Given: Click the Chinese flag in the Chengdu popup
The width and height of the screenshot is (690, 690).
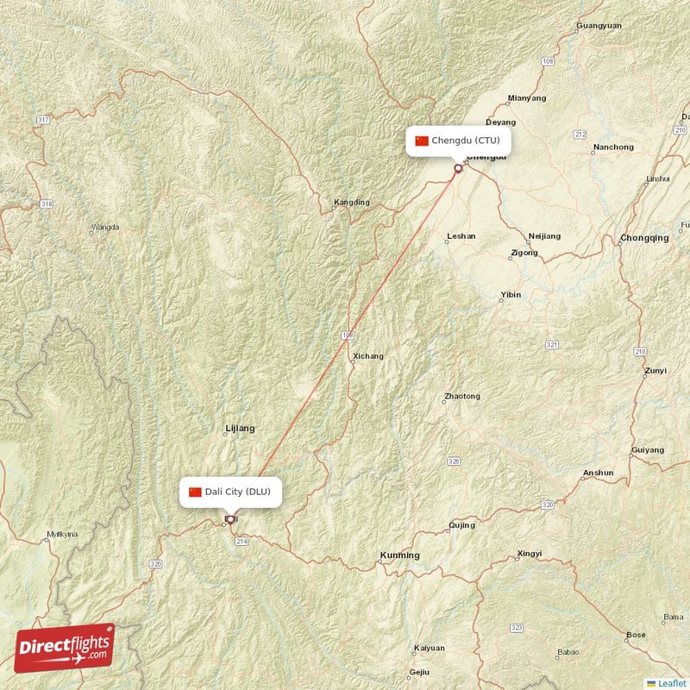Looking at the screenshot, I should coord(422,141).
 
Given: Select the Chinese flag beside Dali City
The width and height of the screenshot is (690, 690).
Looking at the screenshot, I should coord(195,492).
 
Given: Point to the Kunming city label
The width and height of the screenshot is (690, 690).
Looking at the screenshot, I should coord(400,555).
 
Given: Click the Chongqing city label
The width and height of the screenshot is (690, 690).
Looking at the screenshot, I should coord(643,238).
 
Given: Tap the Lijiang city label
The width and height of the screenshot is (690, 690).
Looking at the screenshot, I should coord(240,428).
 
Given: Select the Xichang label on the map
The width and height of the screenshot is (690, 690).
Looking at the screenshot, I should coord(368,356).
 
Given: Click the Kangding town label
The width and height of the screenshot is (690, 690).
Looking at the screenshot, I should coord(351,203).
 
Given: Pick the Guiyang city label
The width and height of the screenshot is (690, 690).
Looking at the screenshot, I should coord(648,450).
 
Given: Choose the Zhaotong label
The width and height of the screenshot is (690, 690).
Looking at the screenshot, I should coord(461,397).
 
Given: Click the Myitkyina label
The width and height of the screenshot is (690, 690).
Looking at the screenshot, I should coord(60,535).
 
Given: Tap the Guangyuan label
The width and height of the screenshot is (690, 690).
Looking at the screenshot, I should coord(599,26).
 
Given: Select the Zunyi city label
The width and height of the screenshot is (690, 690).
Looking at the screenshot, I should coord(655,372).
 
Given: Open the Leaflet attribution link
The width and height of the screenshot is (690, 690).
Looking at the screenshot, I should coord(670,682).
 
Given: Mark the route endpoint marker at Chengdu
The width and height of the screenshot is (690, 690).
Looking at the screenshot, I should coord(458,168).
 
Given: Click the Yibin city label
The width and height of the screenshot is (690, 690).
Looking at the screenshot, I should coord(511,295).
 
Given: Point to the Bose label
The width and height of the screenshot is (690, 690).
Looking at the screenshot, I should coord(636,635).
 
